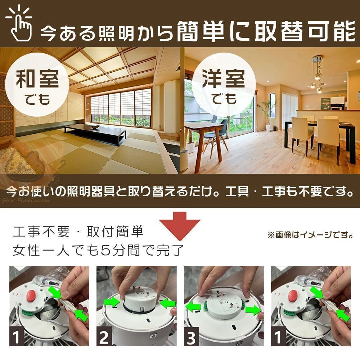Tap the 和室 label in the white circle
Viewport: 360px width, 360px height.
click(x=37, y=79)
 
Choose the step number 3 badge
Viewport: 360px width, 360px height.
click(x=192, y=337)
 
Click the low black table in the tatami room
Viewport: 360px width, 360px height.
click(x=95, y=133)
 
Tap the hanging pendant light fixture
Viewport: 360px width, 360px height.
click(x=318, y=74)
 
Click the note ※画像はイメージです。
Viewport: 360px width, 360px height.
click(x=310, y=235)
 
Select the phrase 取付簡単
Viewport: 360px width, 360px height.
click(x=115, y=231)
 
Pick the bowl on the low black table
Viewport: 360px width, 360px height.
click(x=95, y=126)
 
